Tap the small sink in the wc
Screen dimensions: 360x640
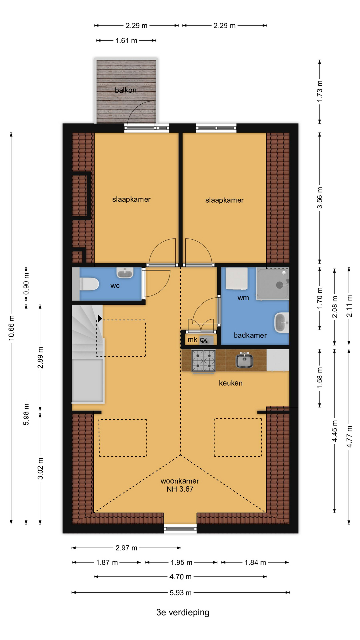125,273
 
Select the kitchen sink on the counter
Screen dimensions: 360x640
244,360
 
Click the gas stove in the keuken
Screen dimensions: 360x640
203,361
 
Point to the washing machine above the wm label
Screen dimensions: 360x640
237,278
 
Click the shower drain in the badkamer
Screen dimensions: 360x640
279,285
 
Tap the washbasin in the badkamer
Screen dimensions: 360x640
282,323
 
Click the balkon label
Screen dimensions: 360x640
126,90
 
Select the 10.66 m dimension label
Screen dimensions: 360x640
11,328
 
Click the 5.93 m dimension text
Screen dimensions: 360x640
181,593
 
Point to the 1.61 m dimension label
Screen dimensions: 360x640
126,41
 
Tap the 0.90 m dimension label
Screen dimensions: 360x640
26,284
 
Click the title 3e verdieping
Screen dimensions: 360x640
183,612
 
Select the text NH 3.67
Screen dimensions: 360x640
180,489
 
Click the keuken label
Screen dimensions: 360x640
231,383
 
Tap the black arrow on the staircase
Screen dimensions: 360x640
100,318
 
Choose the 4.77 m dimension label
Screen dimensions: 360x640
349,437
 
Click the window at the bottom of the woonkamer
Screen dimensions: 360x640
180,528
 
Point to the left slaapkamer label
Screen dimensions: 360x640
131,199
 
